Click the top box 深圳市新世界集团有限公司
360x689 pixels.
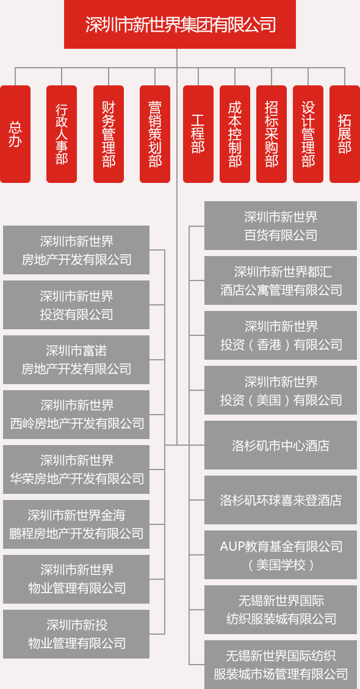tap(180, 24)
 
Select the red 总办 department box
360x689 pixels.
tap(15, 134)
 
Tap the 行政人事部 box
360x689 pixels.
tap(62, 134)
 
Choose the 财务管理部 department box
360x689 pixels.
tap(109, 134)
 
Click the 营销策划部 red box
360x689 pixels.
tap(155, 134)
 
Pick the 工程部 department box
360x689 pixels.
tap(198, 134)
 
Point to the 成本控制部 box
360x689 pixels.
tap(235, 134)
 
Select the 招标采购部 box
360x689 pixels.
tap(271, 134)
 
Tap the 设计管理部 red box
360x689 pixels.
tap(308, 134)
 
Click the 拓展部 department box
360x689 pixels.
tap(345, 134)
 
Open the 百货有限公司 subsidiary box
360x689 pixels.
tap(281, 226)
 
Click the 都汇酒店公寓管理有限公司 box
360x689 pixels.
tap(281, 280)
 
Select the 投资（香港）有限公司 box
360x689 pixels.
tap(281, 335)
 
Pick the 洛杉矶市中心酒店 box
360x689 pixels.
tap(281, 445)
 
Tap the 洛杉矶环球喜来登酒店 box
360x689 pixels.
tap(281, 500)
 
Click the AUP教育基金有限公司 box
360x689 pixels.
tap(281, 555)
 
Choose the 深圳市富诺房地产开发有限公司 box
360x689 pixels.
tap(76, 360)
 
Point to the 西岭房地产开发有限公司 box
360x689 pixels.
tap(76, 415)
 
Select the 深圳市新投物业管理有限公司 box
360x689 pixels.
tap(76, 634)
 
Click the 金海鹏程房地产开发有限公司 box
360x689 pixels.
tap(76, 524)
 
